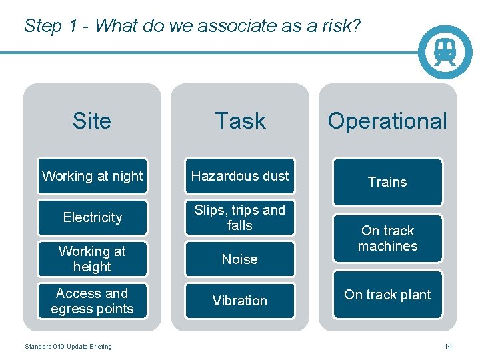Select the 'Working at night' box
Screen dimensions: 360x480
point(92,176)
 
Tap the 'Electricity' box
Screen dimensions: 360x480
point(92,217)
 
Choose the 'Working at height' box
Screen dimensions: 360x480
point(92,259)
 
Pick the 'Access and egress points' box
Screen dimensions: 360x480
point(92,301)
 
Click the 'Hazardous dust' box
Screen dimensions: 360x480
point(240,176)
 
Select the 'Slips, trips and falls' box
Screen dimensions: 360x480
point(240,217)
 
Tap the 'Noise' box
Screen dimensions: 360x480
point(240,259)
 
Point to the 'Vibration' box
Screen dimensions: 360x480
point(240,301)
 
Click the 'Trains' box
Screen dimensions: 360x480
point(387,181)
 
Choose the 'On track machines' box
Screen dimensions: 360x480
point(387,238)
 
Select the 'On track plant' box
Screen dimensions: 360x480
point(387,295)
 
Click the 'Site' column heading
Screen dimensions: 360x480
point(92,121)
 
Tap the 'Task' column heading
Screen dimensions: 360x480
point(240,121)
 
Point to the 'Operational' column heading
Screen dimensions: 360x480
point(387,121)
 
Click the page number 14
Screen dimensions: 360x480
point(448,346)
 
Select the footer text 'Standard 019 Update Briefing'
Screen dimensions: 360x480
point(68,346)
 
